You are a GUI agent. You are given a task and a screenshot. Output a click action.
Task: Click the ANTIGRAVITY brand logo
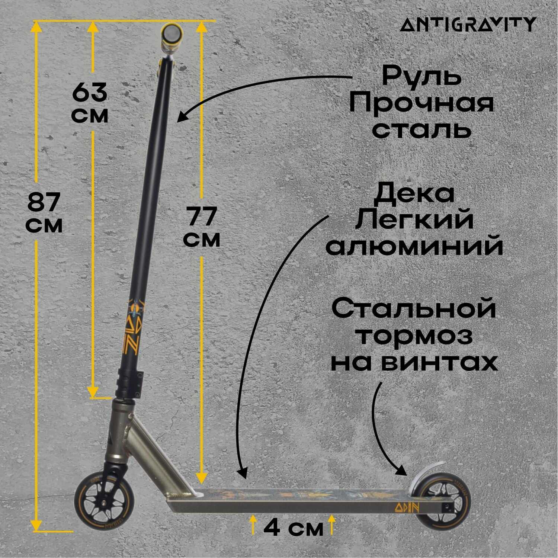(x=468, y=25)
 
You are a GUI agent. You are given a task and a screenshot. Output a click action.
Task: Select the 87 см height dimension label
(x=45, y=213)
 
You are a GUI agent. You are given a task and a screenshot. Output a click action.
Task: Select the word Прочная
(x=421, y=103)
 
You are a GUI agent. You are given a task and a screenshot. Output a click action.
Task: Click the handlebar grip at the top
(x=171, y=34)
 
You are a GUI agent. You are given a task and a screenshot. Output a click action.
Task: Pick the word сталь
(x=422, y=129)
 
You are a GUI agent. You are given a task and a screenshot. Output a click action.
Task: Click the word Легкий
(x=414, y=220)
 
